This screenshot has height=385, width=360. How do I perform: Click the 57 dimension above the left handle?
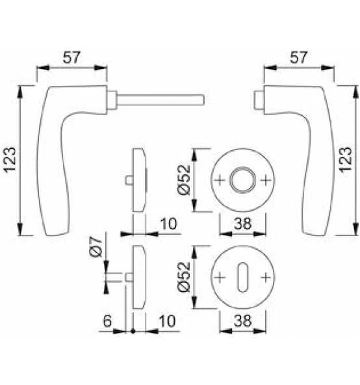[x=71, y=57]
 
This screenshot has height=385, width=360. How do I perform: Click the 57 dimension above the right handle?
[x=298, y=57]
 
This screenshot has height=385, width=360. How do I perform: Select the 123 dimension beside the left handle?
[x=10, y=160]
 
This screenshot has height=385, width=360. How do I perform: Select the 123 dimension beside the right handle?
[x=346, y=160]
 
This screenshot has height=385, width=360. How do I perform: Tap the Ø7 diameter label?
[x=96, y=246]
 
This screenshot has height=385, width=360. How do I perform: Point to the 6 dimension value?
[x=107, y=321]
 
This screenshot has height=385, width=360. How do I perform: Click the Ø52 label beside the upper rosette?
[x=184, y=179]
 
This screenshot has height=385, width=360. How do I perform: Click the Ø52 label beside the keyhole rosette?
[x=184, y=277]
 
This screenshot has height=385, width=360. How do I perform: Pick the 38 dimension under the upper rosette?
[x=242, y=224]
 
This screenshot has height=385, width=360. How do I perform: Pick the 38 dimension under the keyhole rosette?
[x=242, y=321]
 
